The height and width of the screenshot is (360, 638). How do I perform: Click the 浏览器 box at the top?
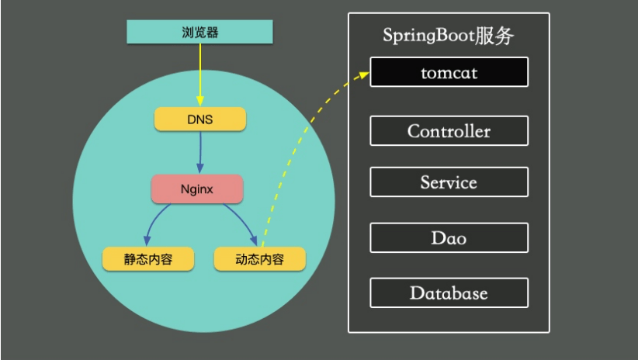coord(199,32)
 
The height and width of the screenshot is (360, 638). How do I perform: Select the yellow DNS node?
coord(199,119)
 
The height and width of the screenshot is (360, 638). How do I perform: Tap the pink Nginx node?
coord(197,189)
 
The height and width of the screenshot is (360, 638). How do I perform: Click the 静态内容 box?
coord(148,259)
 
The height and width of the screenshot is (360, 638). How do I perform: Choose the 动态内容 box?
coord(259,259)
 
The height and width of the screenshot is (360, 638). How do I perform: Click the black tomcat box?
coord(449,72)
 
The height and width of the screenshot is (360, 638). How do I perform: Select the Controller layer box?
coord(449,131)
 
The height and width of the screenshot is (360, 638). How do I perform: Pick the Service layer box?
coord(449,183)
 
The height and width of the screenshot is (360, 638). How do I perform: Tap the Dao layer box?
coord(449,237)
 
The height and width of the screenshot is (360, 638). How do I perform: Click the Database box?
coord(449,293)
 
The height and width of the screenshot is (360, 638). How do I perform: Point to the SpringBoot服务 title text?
coord(448,36)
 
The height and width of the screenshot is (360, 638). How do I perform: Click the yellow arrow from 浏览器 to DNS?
coord(199,74)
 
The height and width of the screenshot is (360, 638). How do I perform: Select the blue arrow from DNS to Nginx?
coord(199,151)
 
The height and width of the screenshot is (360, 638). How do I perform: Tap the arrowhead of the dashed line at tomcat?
coord(365,74)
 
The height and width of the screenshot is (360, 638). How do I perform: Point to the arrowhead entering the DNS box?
coord(199,103)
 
